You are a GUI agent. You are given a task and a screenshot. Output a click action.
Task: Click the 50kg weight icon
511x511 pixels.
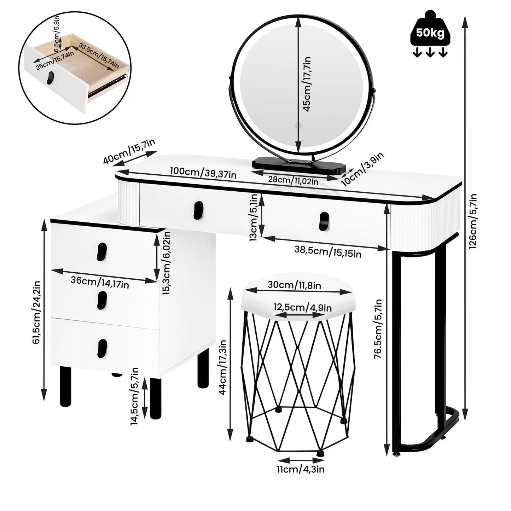tap(430, 34)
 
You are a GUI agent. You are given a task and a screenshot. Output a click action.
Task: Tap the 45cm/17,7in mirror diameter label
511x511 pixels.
tap(307, 84)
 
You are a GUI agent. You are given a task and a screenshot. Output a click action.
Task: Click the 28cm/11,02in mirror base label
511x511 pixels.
tap(293, 180)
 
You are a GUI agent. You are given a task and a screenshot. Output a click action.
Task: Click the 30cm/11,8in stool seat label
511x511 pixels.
tap(295, 285)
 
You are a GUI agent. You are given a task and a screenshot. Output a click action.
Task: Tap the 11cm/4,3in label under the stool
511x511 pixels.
tap(300, 469)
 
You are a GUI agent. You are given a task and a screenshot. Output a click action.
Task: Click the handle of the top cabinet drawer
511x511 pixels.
tap(101, 252)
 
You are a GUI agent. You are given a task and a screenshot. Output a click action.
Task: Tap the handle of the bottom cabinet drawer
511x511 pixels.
tap(101, 348)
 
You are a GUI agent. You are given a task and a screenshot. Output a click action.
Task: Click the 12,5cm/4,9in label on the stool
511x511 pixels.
tap(302, 307)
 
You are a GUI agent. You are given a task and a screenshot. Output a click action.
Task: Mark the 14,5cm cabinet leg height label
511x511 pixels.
tap(135, 396)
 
